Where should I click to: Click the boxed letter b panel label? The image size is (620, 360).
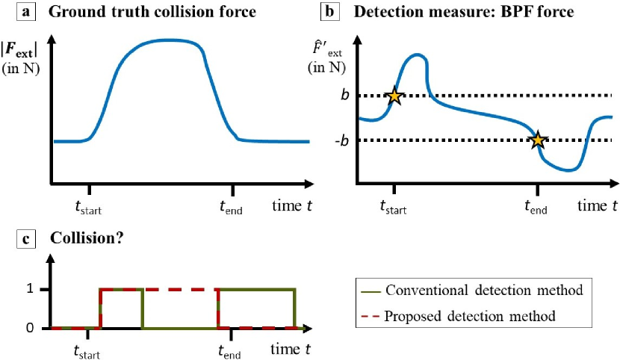point(326,11)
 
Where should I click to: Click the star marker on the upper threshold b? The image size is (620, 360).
point(394,95)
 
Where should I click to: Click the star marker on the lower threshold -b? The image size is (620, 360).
point(537,140)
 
